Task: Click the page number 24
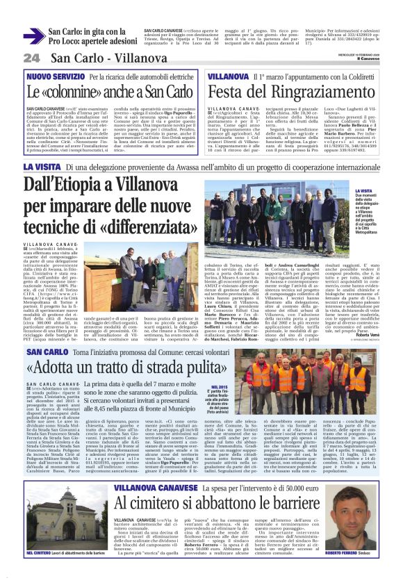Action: (x=31, y=57)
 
